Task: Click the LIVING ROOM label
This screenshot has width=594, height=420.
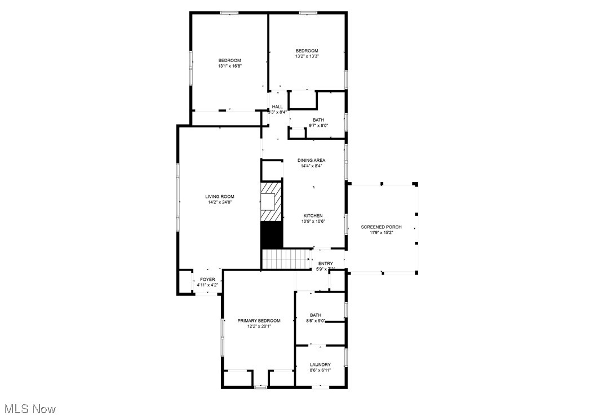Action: (x=219, y=196)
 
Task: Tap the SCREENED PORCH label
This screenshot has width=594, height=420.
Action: (x=382, y=227)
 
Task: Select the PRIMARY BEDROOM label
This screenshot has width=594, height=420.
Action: (x=259, y=321)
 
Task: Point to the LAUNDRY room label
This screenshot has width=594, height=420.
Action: (x=320, y=365)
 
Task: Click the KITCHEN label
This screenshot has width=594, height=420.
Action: (x=313, y=216)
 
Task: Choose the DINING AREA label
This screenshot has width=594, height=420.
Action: (x=312, y=160)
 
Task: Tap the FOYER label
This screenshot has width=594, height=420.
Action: (x=207, y=280)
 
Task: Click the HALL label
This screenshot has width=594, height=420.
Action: (x=277, y=107)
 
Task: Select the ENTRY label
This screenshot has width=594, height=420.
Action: (x=326, y=263)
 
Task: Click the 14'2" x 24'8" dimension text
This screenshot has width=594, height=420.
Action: (x=219, y=202)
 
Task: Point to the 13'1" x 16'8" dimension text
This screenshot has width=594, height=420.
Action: (x=230, y=66)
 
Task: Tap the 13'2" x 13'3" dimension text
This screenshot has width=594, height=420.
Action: (x=307, y=56)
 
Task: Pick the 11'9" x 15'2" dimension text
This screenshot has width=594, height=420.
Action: (x=382, y=232)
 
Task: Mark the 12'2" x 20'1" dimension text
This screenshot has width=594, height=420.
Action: (x=259, y=326)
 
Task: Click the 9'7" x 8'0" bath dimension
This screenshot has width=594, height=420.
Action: (x=318, y=126)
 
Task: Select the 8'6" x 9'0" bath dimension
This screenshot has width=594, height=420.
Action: (x=316, y=321)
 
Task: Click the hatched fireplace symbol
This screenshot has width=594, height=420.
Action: (x=271, y=201)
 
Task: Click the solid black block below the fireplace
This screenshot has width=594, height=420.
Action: (x=271, y=235)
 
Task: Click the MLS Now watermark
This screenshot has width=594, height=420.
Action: (x=30, y=409)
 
